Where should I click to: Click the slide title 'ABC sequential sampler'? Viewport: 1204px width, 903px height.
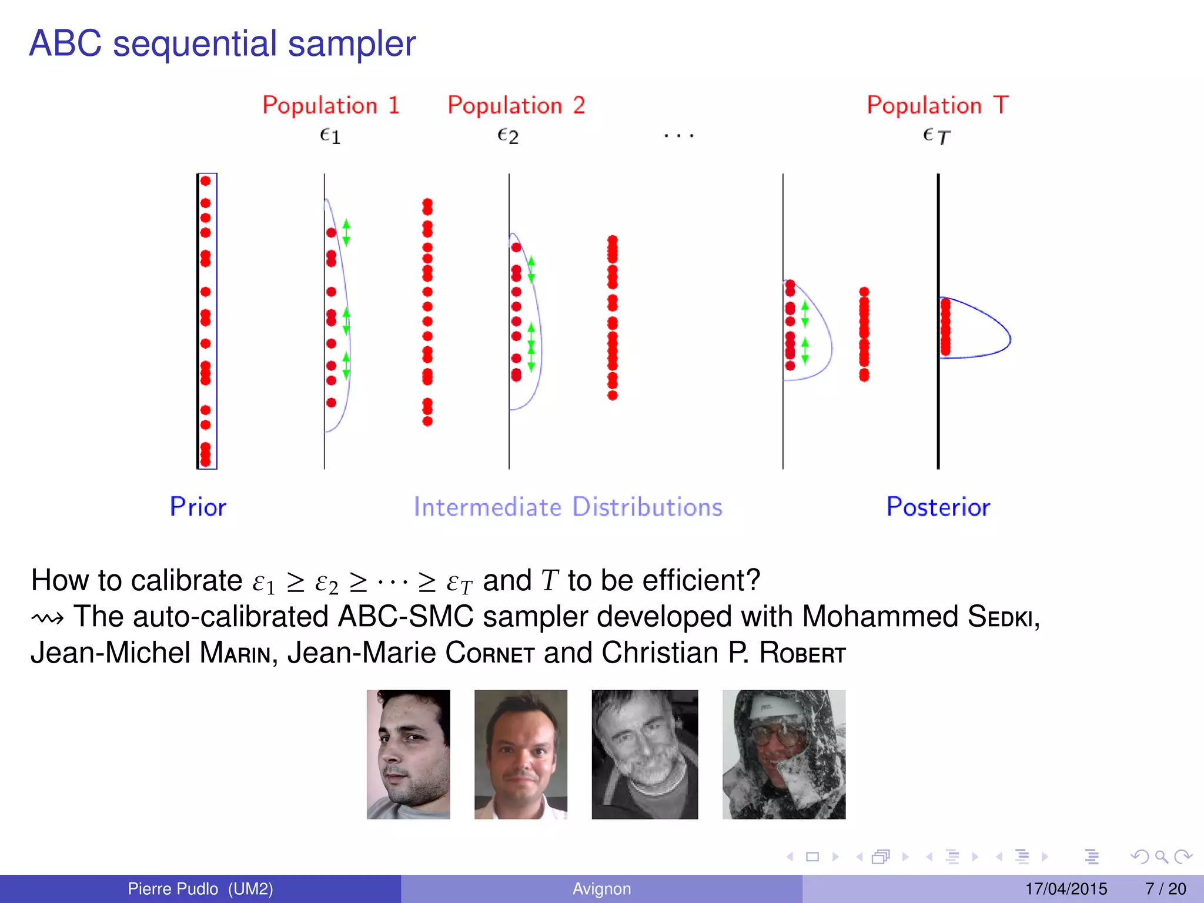tap(222, 44)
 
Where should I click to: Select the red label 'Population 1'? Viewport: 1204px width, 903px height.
tap(331, 106)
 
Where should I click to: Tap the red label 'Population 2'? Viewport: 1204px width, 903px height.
tap(516, 106)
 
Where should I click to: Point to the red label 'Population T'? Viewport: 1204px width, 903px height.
tap(938, 106)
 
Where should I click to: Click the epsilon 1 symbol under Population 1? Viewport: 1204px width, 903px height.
tap(330, 136)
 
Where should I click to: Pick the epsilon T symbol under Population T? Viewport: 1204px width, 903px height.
tap(937, 136)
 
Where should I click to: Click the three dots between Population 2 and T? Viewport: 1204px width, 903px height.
tap(678, 136)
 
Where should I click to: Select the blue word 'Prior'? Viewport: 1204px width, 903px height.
tap(198, 507)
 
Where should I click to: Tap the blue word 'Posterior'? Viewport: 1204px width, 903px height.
tap(938, 507)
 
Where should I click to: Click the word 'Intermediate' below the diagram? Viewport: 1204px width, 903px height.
tap(487, 507)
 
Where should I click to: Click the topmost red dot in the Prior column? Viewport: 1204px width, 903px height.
tap(205, 181)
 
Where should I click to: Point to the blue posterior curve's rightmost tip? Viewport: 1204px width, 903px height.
tap(1009, 339)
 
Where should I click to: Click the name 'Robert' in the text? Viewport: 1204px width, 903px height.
tap(802, 653)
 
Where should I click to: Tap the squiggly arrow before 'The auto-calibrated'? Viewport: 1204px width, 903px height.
tap(47, 618)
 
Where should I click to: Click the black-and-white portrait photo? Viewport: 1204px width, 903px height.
tap(644, 754)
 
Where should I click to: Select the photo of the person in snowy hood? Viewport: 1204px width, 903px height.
tap(784, 754)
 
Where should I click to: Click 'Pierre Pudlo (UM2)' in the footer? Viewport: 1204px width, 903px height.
tap(200, 889)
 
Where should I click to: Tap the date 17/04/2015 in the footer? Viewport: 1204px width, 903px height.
tap(1066, 889)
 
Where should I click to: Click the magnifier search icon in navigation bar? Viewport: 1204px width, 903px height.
tap(1160, 857)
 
